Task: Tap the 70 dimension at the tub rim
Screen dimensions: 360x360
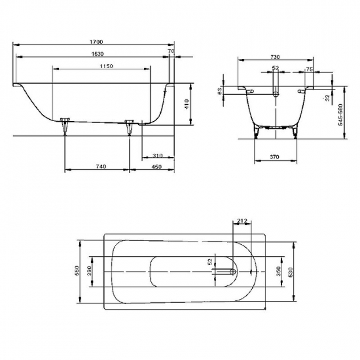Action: pyautogui.click(x=171, y=50)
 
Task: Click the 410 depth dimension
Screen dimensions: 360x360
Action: pyautogui.click(x=186, y=103)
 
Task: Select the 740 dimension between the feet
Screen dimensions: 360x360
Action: pyautogui.click(x=101, y=167)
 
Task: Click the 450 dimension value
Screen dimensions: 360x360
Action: pyautogui.click(x=157, y=167)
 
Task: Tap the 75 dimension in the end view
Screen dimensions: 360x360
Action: pyautogui.click(x=308, y=68)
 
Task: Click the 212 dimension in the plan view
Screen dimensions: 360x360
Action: pyautogui.click(x=242, y=221)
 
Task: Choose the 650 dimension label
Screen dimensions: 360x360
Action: pyautogui.click(x=77, y=271)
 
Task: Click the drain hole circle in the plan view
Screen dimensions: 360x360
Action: pyautogui.click(x=234, y=271)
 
